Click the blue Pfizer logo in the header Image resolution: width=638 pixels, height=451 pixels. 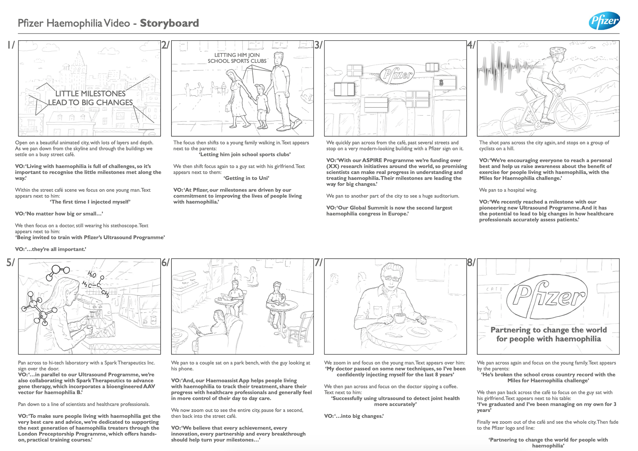[x=604, y=21]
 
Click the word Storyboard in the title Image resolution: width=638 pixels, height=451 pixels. [x=169, y=23]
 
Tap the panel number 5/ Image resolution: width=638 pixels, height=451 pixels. [x=10, y=263]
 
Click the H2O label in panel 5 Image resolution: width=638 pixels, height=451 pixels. [x=92, y=275]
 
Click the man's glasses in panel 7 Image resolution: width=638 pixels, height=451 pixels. [x=392, y=278]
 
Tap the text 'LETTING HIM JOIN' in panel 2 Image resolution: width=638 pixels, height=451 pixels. [x=237, y=55]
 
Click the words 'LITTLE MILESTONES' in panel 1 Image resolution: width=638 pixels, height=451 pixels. [x=90, y=94]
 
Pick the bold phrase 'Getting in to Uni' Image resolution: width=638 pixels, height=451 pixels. [x=246, y=178]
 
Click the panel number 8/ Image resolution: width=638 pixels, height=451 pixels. [x=471, y=263]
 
